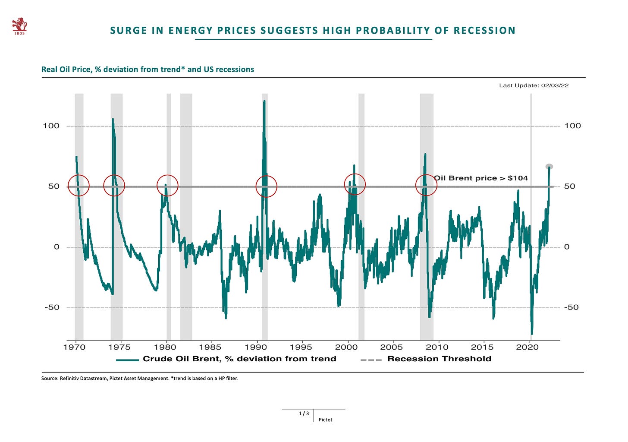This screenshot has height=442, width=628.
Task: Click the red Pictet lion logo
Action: [19, 26]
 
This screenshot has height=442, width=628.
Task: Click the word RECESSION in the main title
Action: [484, 31]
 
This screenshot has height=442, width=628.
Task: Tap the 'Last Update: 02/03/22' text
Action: [534, 85]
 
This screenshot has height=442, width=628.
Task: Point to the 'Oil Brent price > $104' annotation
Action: [481, 178]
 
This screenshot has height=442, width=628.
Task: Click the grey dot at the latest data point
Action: [549, 167]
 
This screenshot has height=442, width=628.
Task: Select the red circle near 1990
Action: [266, 186]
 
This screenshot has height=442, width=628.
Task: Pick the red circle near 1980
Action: [167, 186]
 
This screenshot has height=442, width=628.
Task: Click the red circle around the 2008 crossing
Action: [426, 185]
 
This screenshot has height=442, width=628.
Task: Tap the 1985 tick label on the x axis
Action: [210, 347]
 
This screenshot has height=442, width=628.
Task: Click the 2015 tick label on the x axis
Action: [482, 347]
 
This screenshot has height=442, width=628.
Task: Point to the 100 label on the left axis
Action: [51, 126]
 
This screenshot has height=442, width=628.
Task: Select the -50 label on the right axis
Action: [571, 308]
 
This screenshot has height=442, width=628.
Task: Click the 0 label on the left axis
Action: [57, 247]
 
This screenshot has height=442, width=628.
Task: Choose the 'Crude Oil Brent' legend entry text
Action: [239, 359]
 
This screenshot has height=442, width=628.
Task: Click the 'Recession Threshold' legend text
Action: [439, 359]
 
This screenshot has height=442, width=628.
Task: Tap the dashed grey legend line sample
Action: [371, 360]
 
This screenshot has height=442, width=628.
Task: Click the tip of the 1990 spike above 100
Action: [264, 101]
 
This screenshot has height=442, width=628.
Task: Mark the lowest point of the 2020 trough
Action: [532, 333]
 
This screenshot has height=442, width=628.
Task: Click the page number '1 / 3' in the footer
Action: [304, 414]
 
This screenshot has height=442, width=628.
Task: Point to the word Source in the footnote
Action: [50, 379]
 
